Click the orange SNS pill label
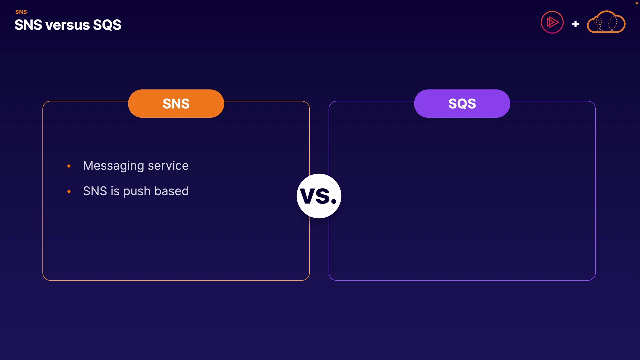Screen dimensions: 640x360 [x=176, y=103]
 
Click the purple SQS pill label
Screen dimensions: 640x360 [x=462, y=103]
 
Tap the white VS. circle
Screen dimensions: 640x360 [x=319, y=196]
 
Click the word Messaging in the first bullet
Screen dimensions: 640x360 [x=114, y=166]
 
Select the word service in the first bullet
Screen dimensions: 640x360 [x=168, y=166]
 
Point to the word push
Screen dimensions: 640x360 [x=137, y=192]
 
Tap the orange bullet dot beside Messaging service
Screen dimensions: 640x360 [x=69, y=166]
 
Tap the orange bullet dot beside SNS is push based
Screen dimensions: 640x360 [x=69, y=191]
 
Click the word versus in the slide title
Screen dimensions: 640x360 [x=68, y=25]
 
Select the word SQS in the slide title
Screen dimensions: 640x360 [x=107, y=25]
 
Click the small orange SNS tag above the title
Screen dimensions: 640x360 [x=21, y=12]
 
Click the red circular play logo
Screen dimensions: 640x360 [x=552, y=22]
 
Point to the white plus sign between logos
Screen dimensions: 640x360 [x=575, y=24]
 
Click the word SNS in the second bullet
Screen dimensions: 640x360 [x=95, y=191]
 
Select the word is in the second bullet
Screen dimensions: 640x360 [x=115, y=191]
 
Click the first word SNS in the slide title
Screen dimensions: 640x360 [x=28, y=25]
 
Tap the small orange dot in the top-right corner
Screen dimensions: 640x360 [x=636, y=3]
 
